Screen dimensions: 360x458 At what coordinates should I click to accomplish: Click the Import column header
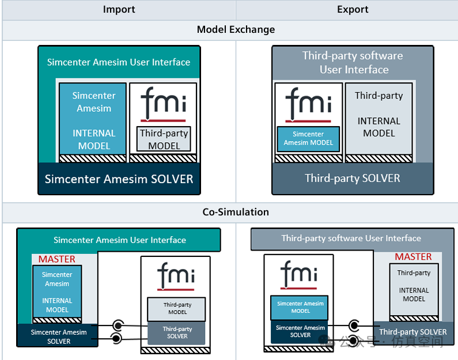[x=119, y=9]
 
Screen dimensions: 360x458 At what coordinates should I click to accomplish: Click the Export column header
[x=353, y=9]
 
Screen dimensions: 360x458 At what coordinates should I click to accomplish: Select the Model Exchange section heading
[x=236, y=29]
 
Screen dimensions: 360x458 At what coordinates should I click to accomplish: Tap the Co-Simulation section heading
[x=236, y=212]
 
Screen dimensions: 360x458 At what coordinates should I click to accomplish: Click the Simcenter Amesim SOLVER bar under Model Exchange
[x=119, y=179]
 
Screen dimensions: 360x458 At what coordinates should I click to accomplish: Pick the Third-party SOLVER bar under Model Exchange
[x=353, y=178]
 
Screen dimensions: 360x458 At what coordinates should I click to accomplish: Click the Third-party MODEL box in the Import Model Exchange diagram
[x=164, y=139]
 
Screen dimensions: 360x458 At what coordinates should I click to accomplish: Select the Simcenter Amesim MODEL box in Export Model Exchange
[x=308, y=139]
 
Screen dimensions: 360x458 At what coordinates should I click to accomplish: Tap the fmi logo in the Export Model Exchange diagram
[x=308, y=103]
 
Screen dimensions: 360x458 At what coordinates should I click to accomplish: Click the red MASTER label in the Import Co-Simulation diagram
[x=57, y=259]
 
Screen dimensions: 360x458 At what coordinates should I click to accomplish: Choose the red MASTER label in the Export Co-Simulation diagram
[x=413, y=257]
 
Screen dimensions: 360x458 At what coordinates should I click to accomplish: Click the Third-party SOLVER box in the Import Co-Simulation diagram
[x=177, y=333]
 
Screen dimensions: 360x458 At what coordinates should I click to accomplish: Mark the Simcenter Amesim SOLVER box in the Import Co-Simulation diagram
[x=58, y=336]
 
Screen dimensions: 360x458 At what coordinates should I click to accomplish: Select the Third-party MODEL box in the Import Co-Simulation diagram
[x=177, y=309]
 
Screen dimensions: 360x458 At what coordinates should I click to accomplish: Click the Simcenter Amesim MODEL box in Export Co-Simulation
[x=300, y=308]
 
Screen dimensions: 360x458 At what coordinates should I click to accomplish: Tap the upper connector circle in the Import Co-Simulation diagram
[x=118, y=325]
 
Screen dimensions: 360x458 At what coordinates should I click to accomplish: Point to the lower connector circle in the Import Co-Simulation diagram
[x=118, y=338]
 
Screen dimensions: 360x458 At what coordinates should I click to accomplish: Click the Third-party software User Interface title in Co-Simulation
[x=351, y=238]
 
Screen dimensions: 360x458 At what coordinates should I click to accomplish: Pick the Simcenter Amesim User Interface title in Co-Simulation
[x=119, y=240]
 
